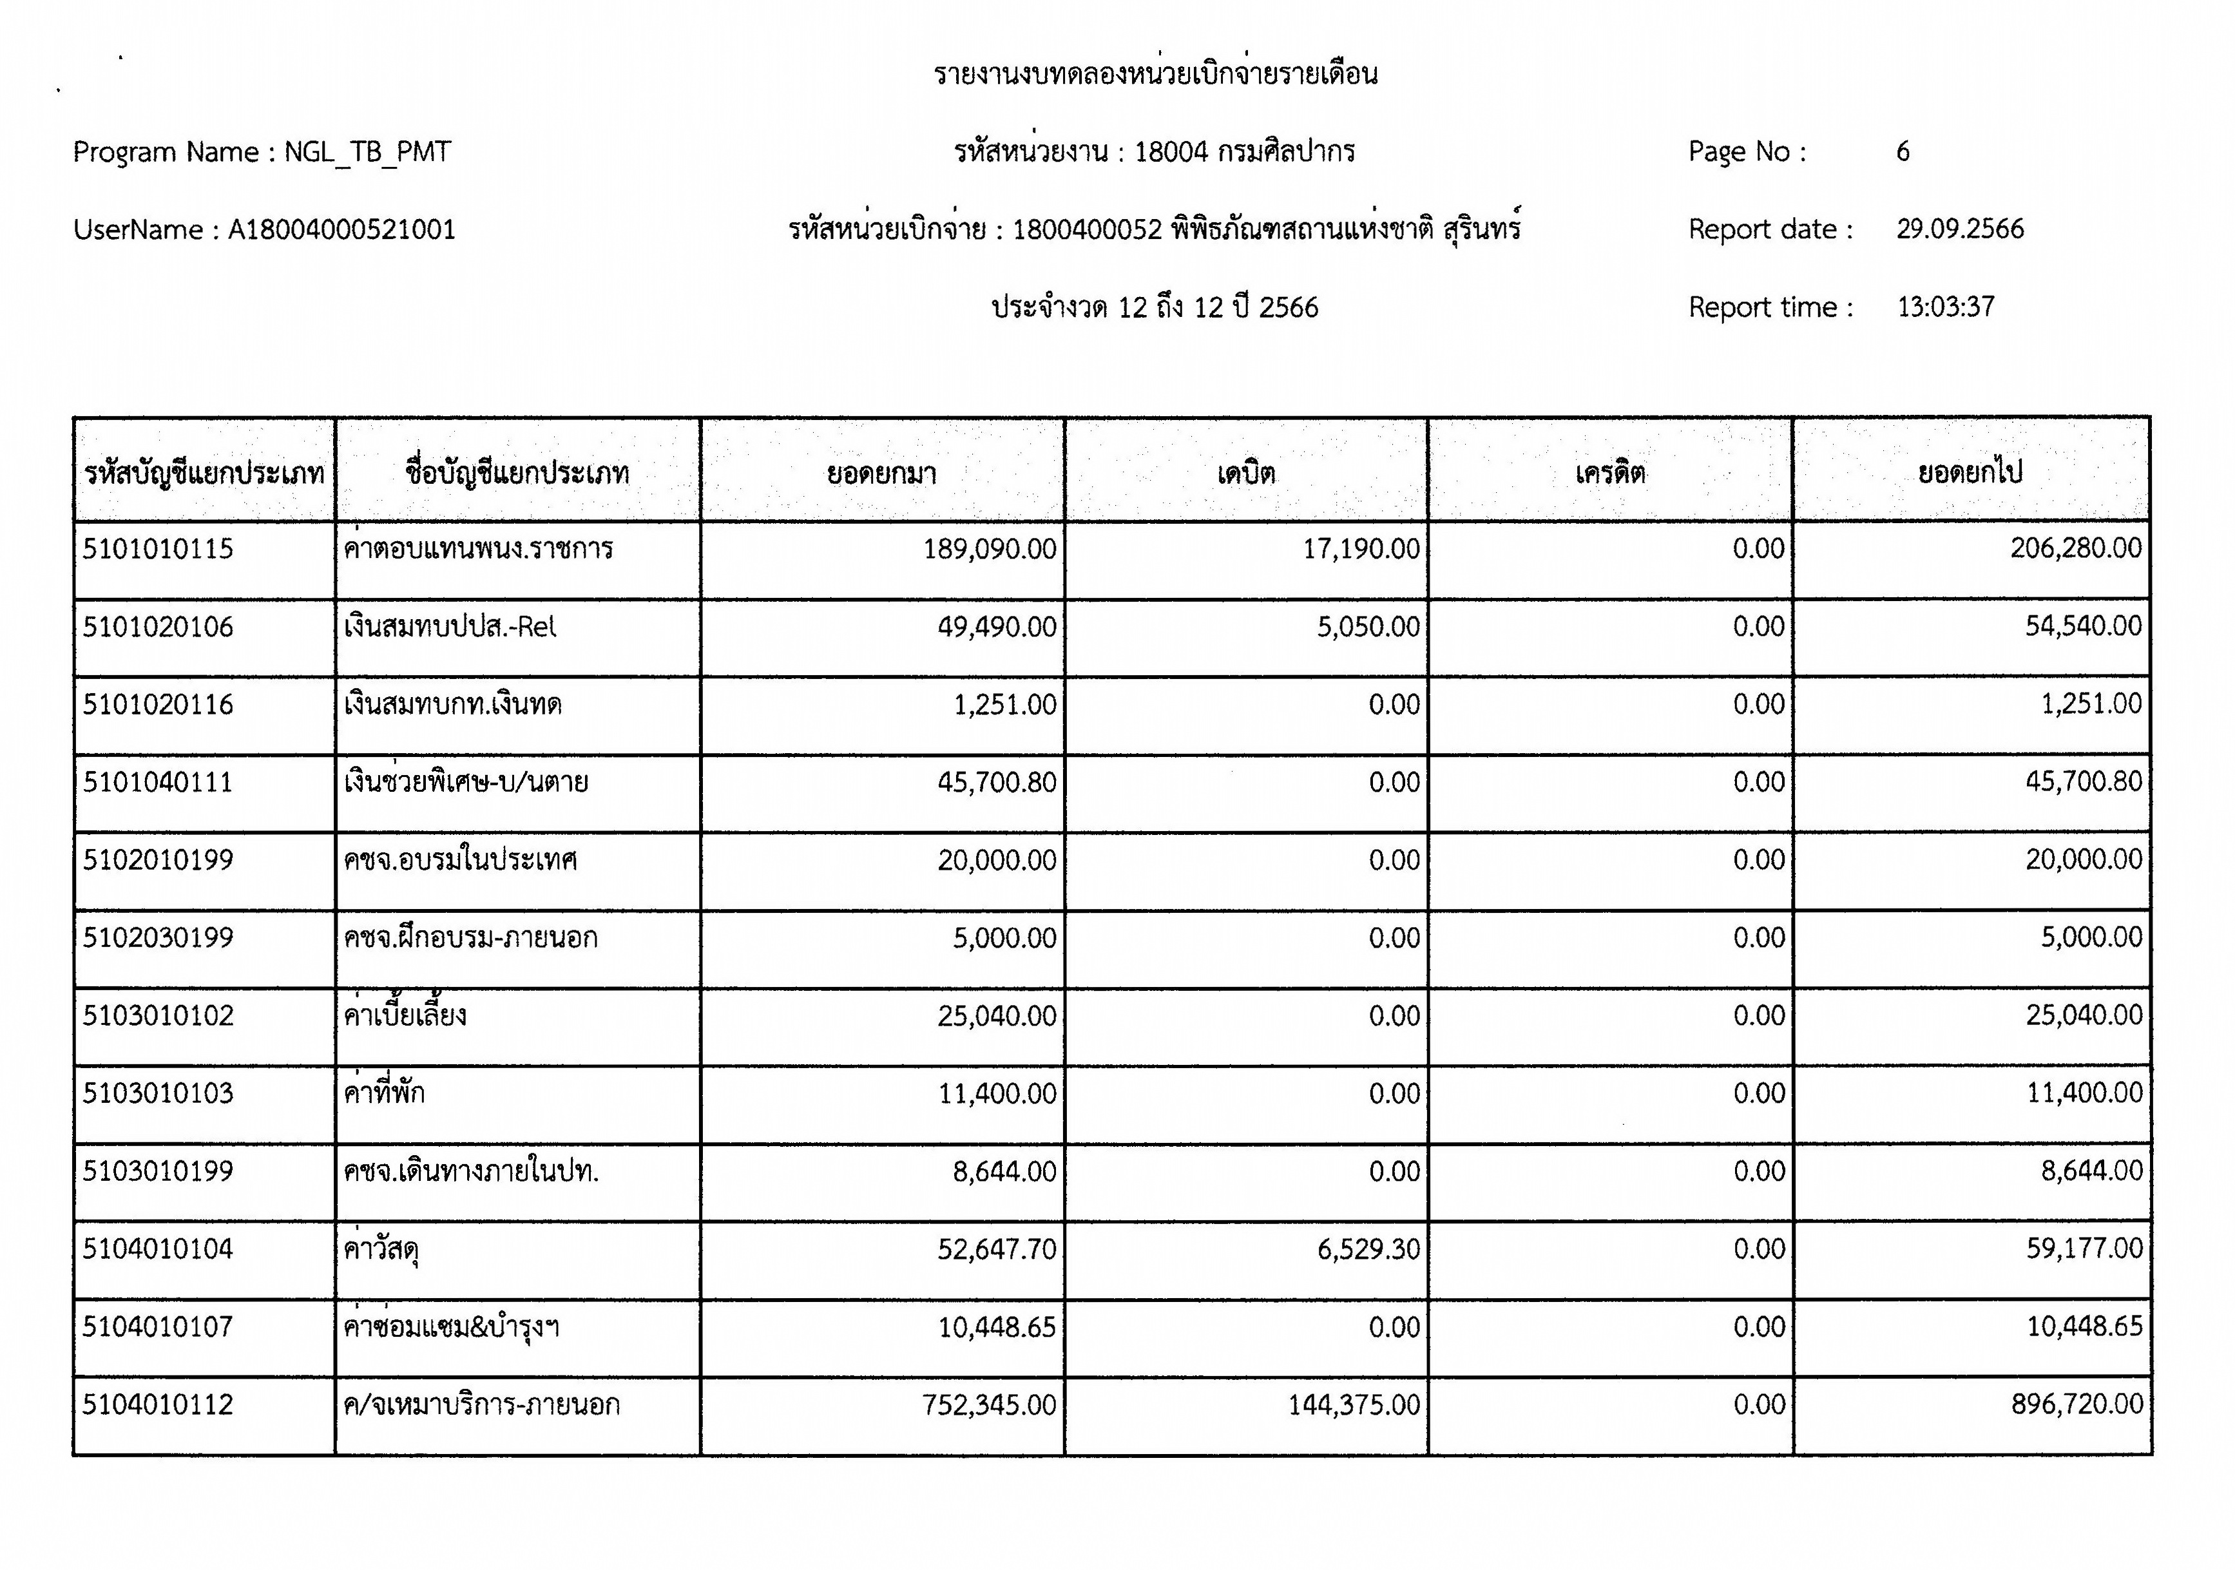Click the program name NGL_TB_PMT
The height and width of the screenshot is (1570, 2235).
[x=367, y=152]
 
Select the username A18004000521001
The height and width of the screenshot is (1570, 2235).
[x=341, y=230]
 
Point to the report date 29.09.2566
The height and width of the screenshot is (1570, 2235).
[x=1959, y=229]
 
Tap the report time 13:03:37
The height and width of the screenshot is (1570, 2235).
[x=1945, y=307]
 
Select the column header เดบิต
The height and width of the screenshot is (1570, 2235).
[x=1246, y=473]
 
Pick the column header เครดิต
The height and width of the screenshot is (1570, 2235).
[x=1610, y=473]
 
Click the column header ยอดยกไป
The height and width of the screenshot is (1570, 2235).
[x=1970, y=472]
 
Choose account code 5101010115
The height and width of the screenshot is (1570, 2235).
[x=158, y=549]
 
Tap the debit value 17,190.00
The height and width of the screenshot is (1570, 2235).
[x=1361, y=549]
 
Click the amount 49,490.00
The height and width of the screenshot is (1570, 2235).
[x=997, y=627]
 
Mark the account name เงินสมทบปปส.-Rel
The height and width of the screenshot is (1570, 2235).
[x=450, y=627]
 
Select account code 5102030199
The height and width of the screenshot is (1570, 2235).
[x=158, y=937]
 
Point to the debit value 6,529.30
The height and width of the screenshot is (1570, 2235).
[x=1368, y=1249]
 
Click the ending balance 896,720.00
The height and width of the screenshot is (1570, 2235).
[x=2077, y=1404]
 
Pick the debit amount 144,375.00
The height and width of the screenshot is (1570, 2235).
[x=1354, y=1404]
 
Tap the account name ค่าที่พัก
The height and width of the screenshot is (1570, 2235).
[x=385, y=1093]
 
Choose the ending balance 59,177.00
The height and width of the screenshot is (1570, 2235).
[x=2084, y=1248]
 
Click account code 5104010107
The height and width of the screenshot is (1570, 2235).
[x=158, y=1326]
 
